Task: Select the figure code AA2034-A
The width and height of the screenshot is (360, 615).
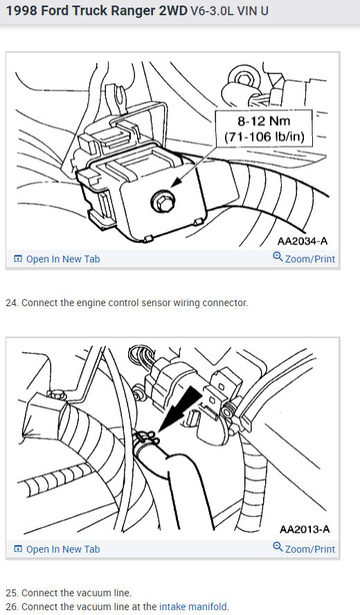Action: [x=302, y=241]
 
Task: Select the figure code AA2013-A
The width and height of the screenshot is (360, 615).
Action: [x=304, y=530]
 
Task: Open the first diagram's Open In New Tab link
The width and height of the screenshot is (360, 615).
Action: [x=62, y=259]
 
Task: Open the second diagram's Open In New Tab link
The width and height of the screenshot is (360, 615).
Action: [x=62, y=549]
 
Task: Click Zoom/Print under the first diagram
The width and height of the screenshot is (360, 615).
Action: [x=309, y=259]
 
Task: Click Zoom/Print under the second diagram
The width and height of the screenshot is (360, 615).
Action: [x=309, y=549]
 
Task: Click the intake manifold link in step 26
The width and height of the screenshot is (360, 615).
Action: [x=193, y=607]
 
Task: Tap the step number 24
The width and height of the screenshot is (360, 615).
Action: [x=11, y=303]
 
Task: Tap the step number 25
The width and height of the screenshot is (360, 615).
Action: [x=11, y=593]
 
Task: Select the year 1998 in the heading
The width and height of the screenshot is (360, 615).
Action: [x=22, y=12]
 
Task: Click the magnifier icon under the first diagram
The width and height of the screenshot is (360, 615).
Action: [x=278, y=258]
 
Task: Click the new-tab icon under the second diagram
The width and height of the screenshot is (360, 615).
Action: [x=18, y=549]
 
